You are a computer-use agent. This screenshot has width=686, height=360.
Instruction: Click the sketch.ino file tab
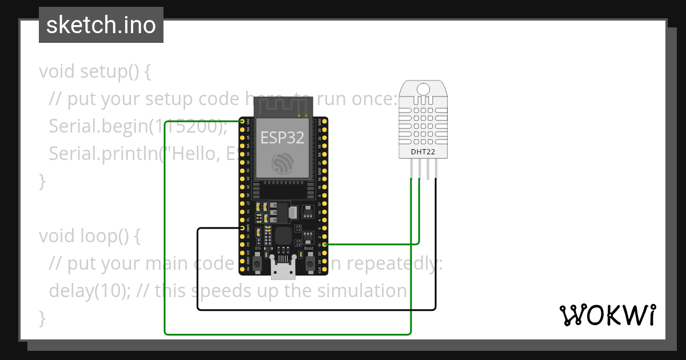pos(101,25)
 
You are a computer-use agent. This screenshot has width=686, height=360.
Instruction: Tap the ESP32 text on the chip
pos(282,138)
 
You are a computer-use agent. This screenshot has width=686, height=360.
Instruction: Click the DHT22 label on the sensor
pos(424,152)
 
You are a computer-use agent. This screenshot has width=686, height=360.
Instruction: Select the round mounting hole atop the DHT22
pos(424,89)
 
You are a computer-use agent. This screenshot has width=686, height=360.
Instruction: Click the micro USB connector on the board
pos(283,269)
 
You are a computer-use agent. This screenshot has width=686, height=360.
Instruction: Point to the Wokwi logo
pos(608,315)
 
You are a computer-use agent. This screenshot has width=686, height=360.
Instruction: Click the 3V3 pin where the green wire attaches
pos(242,122)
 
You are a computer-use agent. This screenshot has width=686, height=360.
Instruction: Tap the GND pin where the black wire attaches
pos(242,228)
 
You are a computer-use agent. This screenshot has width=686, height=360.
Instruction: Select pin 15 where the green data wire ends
pos(325,245)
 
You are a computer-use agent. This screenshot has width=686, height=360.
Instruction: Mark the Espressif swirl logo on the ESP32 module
pos(282,164)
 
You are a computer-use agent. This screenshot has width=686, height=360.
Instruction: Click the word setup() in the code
pos(109,72)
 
